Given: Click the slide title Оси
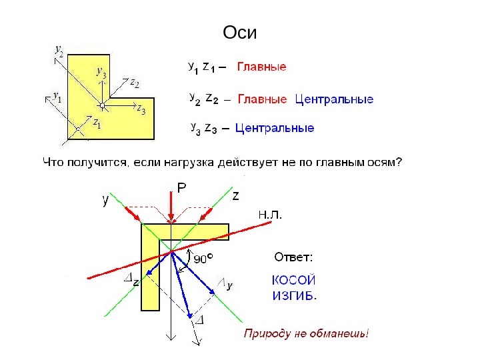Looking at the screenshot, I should pyautogui.click(x=239, y=33).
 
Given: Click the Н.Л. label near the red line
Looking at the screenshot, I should pyautogui.click(x=270, y=215).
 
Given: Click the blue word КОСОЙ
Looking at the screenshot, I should pyautogui.click(x=293, y=281).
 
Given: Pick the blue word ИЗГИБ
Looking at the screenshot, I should pyautogui.click(x=293, y=296).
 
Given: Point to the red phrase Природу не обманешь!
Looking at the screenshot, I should pyautogui.click(x=306, y=333).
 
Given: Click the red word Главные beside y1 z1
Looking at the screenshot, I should pyautogui.click(x=262, y=67).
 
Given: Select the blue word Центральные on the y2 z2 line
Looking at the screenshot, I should pyautogui.click(x=334, y=100).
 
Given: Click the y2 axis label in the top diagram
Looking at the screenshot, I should pyautogui.click(x=59, y=51).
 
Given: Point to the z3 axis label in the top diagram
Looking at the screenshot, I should pyautogui.click(x=141, y=110).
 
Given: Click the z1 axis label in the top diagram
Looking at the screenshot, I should pyautogui.click(x=97, y=123).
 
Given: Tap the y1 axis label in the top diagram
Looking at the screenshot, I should pyautogui.click(x=57, y=97).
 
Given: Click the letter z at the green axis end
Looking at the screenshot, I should pyautogui.click(x=235, y=196).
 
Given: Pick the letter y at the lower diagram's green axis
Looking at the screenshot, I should pyautogui.click(x=106, y=199).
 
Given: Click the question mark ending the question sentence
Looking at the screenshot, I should pyautogui.click(x=399, y=162).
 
